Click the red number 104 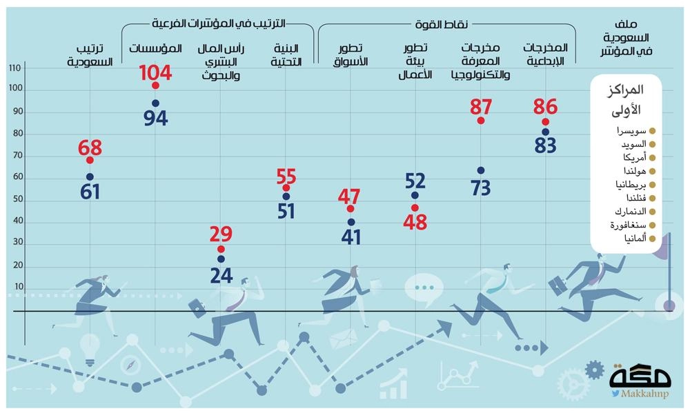[x=155, y=72]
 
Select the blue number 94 [x=155, y=118]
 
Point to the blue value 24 [x=221, y=275]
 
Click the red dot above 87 [x=480, y=121]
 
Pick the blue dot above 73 [x=480, y=170]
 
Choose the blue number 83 [x=545, y=146]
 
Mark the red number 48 [x=415, y=223]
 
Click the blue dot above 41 [x=351, y=222]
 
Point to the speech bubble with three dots [x=422, y=287]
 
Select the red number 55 [x=286, y=174]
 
